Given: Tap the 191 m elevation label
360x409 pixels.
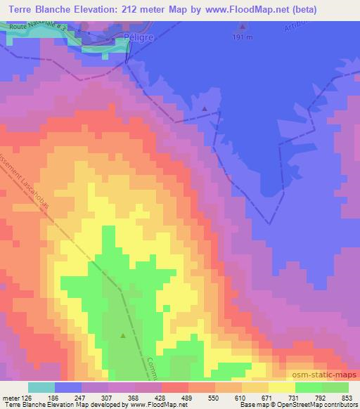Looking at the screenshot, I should (x=243, y=37).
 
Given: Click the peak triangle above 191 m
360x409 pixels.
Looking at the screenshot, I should (x=243, y=27).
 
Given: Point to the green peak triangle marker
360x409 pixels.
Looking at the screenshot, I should (x=124, y=335).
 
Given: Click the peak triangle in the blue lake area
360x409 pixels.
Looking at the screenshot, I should (x=205, y=109).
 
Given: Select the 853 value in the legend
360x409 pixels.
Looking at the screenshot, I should (x=347, y=397).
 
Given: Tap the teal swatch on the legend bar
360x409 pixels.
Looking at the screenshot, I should (x=41, y=387).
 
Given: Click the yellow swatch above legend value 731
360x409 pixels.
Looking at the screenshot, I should (x=282, y=387).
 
